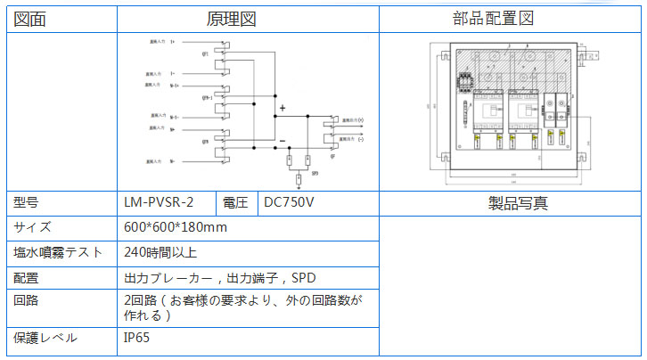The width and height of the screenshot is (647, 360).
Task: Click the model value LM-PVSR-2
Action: (159, 202)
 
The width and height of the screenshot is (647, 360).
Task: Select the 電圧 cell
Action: (236, 202)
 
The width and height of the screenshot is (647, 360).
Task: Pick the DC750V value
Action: (290, 202)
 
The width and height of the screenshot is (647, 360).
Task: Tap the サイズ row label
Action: (33, 227)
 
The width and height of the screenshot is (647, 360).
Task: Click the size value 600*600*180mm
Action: (176, 227)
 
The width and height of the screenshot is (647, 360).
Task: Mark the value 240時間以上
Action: (160, 252)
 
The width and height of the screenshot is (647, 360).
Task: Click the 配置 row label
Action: (27, 277)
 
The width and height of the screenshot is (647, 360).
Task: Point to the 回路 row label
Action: (27, 300)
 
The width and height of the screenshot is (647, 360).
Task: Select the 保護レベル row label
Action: (45, 338)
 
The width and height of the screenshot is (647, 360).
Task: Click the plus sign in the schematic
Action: (282, 110)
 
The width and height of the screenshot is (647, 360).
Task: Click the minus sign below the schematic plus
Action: (282, 141)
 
